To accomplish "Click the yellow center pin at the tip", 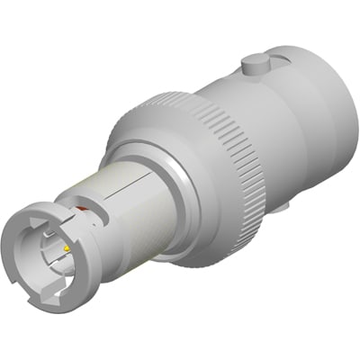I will pyautogui.click(x=67, y=247).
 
